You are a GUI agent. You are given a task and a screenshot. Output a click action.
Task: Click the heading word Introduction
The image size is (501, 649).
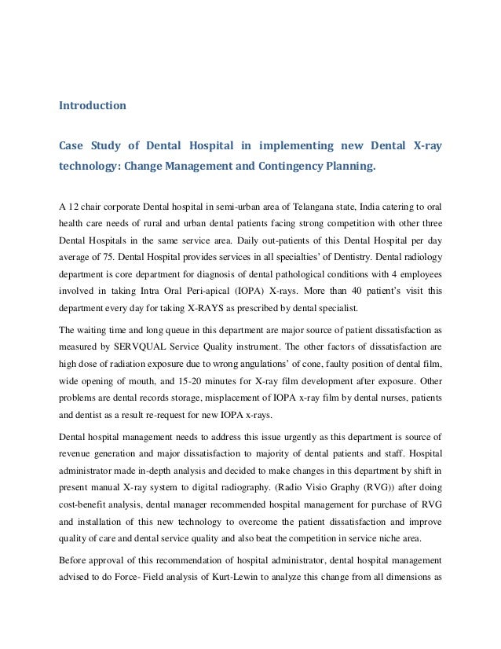[93, 104]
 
